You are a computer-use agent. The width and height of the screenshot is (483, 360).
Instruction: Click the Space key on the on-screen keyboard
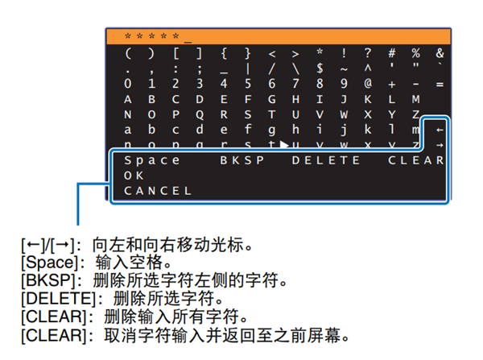(152, 161)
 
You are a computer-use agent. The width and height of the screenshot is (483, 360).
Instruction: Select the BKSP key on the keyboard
(242, 160)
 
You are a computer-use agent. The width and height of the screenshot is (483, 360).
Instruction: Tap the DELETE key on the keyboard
(326, 160)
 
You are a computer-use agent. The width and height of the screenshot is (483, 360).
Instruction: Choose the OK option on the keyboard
(134, 176)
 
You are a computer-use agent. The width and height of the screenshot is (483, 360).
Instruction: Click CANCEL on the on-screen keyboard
(158, 191)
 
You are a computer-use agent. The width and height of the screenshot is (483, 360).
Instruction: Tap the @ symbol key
(368, 83)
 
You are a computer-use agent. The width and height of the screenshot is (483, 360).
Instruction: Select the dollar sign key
(320, 68)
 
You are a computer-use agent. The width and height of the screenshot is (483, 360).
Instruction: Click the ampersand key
(440, 53)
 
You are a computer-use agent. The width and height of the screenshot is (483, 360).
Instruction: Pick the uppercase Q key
(200, 115)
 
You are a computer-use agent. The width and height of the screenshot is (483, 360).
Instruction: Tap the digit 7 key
(295, 84)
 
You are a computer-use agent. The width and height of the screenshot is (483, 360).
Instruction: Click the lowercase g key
(272, 130)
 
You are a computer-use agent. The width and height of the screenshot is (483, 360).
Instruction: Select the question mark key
(368, 53)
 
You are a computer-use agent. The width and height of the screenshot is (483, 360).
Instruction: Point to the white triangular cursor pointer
(284, 144)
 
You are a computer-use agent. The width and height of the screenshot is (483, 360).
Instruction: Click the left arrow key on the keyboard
(440, 130)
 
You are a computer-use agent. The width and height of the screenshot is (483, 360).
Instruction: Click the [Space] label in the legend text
(50, 263)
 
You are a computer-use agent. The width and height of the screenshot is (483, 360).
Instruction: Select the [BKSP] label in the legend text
(48, 280)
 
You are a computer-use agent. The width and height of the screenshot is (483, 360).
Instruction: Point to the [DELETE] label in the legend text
(59, 298)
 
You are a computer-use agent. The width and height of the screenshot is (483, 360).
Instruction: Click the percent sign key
(416, 53)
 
